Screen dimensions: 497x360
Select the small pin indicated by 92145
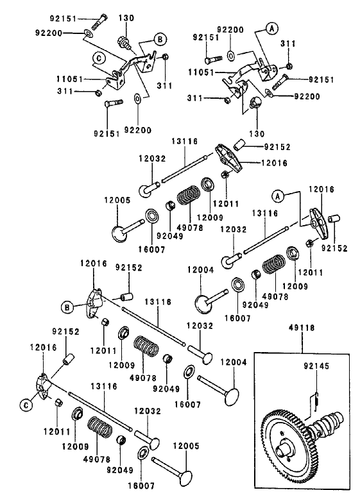coord(316,400)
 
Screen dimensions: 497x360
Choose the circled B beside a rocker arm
coord(67,308)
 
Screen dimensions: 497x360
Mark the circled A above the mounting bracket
coord(271,28)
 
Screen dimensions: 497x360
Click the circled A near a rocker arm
coord(278,195)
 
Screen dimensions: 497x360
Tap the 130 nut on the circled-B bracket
coord(128,43)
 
